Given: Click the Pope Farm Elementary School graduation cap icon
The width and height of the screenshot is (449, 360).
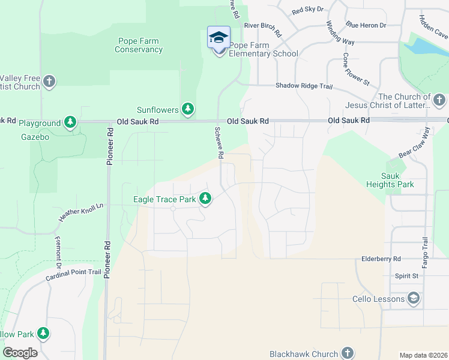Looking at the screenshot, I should (218, 38).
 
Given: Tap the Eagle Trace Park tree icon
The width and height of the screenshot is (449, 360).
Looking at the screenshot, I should (206, 198).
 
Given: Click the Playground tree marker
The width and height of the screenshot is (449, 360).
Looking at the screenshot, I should (71, 122).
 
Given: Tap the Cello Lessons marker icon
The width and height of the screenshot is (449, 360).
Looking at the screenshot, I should (413, 298).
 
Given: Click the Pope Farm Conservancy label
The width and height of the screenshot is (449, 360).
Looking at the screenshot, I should (139, 46).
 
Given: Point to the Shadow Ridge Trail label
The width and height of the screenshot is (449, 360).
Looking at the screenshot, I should (304, 86).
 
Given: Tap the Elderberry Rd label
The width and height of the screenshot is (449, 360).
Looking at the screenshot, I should (381, 259).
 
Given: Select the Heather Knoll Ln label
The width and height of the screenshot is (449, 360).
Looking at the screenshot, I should (82, 212).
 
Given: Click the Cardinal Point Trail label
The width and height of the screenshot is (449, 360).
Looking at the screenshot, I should (74, 275).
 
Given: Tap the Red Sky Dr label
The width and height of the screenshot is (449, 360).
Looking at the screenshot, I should (307, 10).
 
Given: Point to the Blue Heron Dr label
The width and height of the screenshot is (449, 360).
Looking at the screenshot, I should (366, 25).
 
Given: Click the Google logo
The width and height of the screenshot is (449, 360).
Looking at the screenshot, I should (20, 353).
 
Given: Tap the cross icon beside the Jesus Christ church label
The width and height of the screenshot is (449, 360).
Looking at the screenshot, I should (439, 99).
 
